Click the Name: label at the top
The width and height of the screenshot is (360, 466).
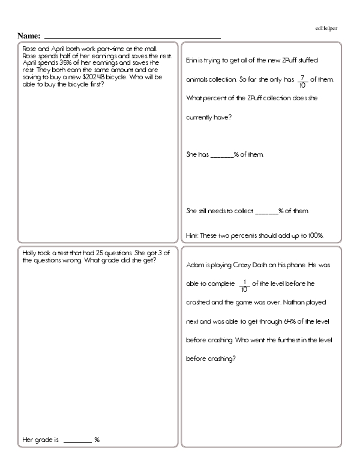pos(29,36)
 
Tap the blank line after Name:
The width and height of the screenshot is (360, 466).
pos(132,38)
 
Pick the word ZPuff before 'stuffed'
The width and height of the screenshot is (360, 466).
pos(274,61)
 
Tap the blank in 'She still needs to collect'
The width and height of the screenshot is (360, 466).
pos(267,211)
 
